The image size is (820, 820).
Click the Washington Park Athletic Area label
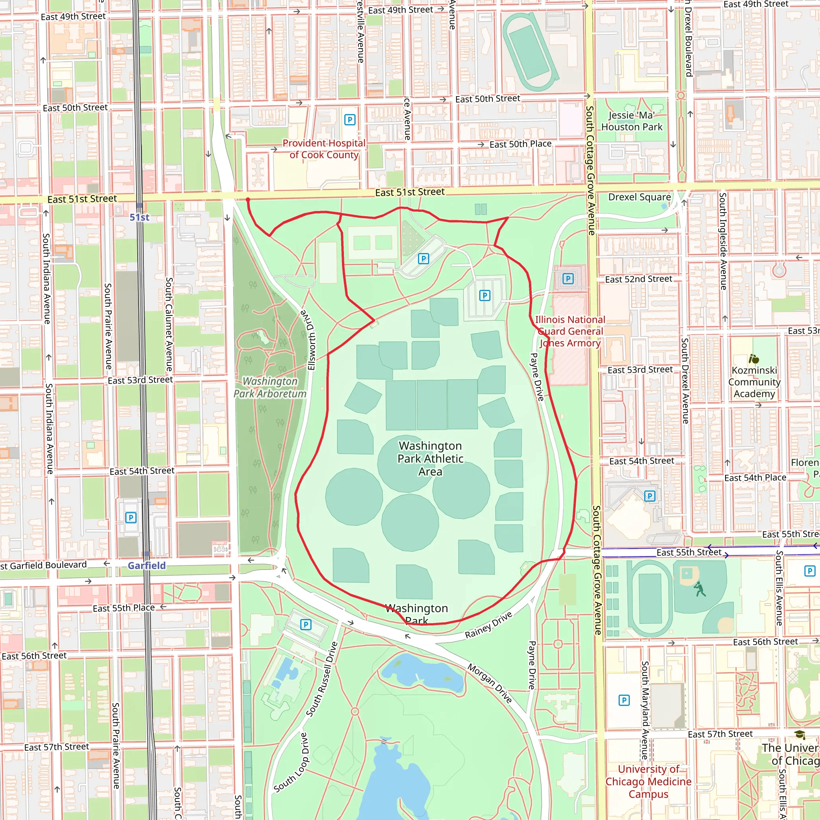pos(430,458)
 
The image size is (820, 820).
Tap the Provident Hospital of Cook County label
pos(324,149)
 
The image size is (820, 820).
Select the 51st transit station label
pos(139,217)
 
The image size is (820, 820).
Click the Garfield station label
pos(147,565)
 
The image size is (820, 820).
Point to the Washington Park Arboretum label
pos(270,388)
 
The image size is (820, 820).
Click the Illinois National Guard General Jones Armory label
pos(570,332)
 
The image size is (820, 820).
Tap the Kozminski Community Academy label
pos(754,382)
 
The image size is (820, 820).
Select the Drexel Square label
pos(639,197)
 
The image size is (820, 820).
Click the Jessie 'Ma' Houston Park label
pos(631,121)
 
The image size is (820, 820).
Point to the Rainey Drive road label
pos(488,625)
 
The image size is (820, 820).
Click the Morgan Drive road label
pos(490,683)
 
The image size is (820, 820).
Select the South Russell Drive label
pos(322,679)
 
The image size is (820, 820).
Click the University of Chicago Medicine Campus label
pos(648,782)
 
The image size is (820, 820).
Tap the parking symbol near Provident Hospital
pos(349,120)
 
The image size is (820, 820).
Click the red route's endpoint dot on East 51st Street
pos(248,199)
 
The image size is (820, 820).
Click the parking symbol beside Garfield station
pos(131,517)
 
